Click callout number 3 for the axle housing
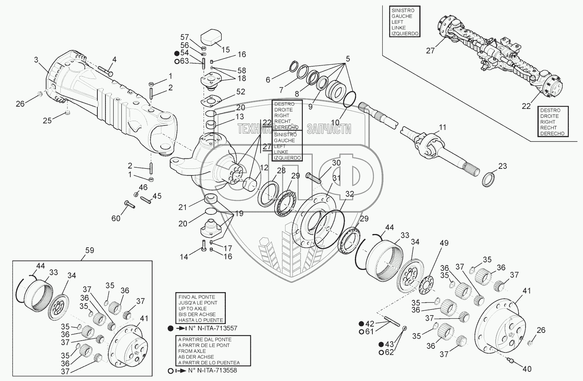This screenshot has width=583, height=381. pyautogui.click(x=36, y=59)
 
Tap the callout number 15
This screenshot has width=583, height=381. pyautogui.click(x=225, y=50)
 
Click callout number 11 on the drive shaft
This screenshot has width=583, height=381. pyautogui.click(x=443, y=128)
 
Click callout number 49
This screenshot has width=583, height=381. pyautogui.click(x=444, y=243)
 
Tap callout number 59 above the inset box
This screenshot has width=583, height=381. pyautogui.click(x=90, y=250)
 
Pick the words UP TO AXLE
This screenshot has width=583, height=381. pyautogui.click(x=192, y=308)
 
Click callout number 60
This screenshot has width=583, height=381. pyautogui.click(x=116, y=218)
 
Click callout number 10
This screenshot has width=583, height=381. pyautogui.click(x=335, y=122)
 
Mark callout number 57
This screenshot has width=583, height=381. pyautogui.click(x=184, y=37)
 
